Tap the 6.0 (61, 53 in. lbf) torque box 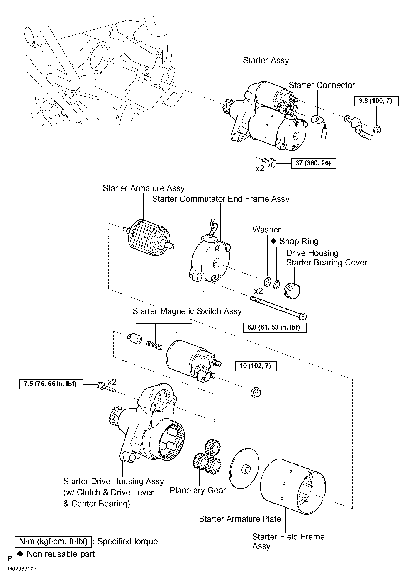click(275, 328)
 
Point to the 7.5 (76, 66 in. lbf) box click(51, 384)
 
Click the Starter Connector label click(322, 85)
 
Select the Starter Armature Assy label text click(144, 188)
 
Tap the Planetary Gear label click(198, 490)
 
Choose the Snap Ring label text click(299, 241)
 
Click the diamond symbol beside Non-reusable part click(20, 554)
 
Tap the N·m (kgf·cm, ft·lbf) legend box click(53, 541)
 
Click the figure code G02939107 click(22, 569)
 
